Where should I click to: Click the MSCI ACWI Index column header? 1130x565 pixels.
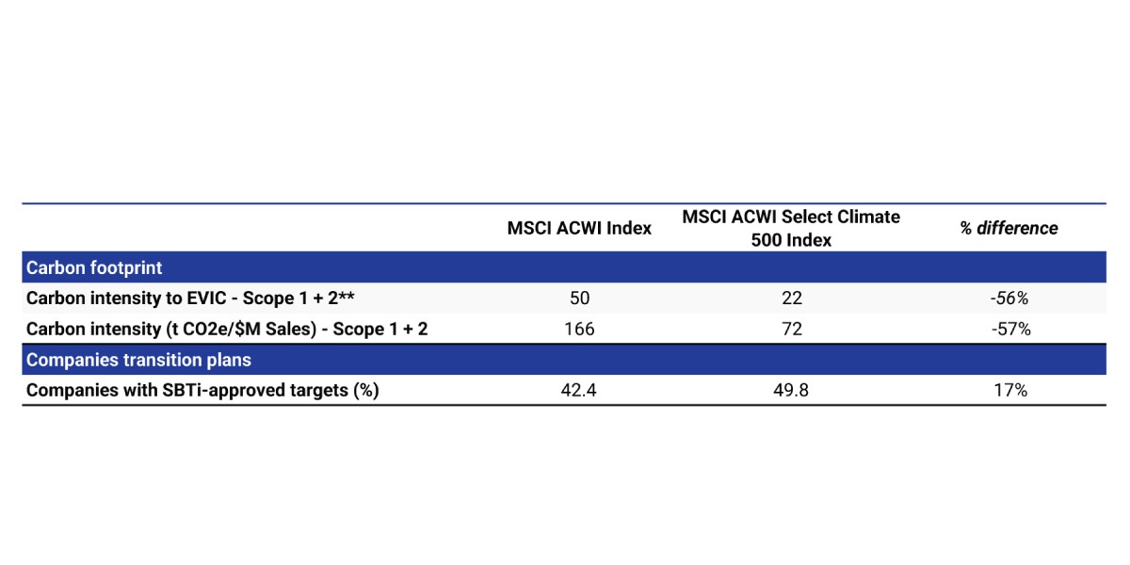point(579,228)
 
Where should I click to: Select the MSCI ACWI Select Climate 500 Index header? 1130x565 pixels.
point(791,228)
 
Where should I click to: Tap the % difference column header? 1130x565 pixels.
point(1009,228)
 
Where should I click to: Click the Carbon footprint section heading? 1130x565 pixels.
point(94,267)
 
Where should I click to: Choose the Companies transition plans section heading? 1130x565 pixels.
point(138,360)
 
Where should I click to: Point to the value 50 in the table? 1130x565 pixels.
point(579,299)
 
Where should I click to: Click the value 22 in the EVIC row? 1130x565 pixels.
point(792,299)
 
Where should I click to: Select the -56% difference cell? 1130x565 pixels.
point(1009,299)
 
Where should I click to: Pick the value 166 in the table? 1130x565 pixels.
point(579,329)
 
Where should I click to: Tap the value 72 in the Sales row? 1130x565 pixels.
point(792,329)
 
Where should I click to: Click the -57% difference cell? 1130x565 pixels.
point(1010,329)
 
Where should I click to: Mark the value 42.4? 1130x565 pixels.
point(578,390)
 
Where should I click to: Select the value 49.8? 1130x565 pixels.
point(791,390)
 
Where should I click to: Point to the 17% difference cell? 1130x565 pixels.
point(1010,390)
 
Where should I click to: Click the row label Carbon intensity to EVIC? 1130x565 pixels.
point(190,299)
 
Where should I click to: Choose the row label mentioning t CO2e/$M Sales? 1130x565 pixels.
point(227,329)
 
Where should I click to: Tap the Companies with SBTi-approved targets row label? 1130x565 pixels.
point(202,391)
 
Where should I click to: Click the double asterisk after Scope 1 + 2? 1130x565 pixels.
point(347,295)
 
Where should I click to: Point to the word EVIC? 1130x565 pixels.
point(207,299)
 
